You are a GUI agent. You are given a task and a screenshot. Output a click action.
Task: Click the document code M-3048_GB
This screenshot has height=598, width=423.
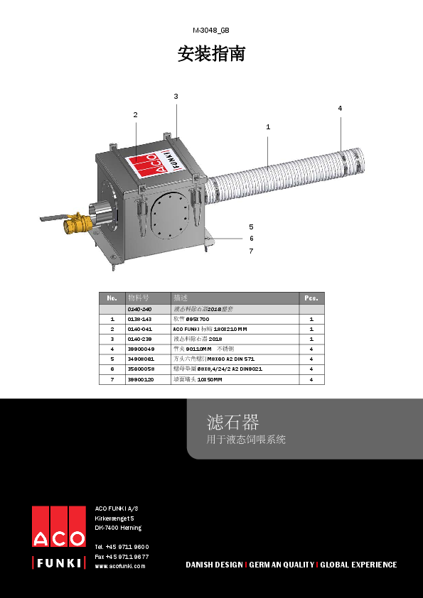point(211,31)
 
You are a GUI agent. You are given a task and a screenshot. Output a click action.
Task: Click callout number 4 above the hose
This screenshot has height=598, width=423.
point(340,108)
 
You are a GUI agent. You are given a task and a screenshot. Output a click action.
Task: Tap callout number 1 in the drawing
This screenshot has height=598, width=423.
point(268,126)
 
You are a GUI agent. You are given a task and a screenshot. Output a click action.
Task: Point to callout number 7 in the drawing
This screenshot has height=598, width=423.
point(251,251)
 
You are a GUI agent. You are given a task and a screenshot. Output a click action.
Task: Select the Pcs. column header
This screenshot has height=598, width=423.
point(311,298)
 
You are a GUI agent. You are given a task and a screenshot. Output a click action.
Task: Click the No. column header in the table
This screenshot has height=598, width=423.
point(112,298)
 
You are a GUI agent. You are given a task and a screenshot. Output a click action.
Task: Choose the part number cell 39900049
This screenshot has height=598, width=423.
point(141,349)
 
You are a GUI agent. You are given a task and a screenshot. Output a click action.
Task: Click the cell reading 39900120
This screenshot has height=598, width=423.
point(141,380)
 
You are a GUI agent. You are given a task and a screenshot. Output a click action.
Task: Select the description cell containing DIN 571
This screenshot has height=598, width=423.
point(213,359)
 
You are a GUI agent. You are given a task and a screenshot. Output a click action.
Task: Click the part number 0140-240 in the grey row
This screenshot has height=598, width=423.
point(139,310)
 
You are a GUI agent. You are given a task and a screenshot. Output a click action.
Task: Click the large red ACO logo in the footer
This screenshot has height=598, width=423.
point(58,526)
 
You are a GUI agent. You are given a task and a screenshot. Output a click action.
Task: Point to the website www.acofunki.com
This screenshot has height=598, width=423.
point(120,566)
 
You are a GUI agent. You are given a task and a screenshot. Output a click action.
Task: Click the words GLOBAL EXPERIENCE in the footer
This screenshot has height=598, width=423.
point(358,565)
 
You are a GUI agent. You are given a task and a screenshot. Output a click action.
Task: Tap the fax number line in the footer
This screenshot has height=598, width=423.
point(122,556)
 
